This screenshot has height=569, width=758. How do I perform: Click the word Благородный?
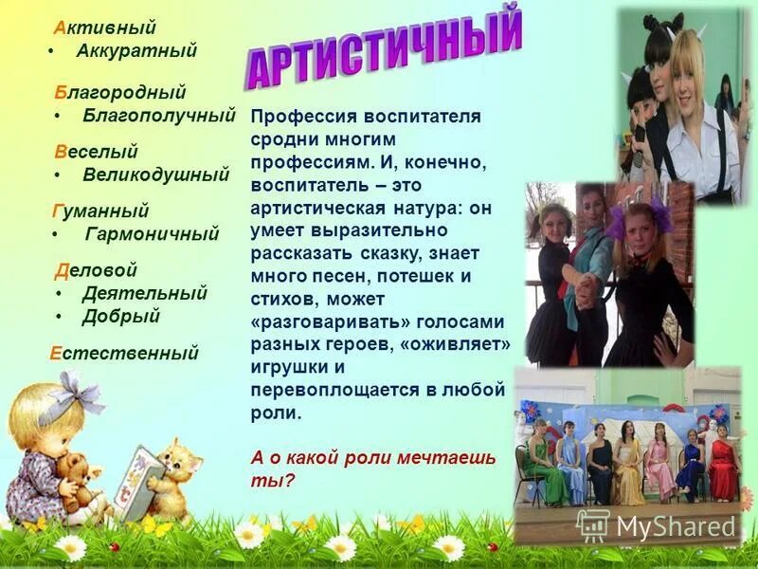pyautogui.click(x=120, y=92)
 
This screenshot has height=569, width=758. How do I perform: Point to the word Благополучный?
pyautogui.click(x=158, y=116)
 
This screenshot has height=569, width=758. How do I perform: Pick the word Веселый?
pyautogui.click(x=97, y=151)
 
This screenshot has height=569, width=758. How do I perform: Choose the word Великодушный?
pyautogui.click(x=155, y=174)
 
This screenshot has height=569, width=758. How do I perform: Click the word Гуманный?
pyautogui.click(x=99, y=211)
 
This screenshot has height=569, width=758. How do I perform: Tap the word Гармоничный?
pyautogui.click(x=152, y=233)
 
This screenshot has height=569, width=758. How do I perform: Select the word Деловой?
pyautogui.click(x=97, y=270)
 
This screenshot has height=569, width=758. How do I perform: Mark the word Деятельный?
pyautogui.click(x=144, y=293)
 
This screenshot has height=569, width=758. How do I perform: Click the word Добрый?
pyautogui.click(x=120, y=317)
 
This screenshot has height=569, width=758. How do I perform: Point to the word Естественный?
pyautogui.click(x=124, y=353)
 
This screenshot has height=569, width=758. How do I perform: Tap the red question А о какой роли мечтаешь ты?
pyautogui.click(x=373, y=468)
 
